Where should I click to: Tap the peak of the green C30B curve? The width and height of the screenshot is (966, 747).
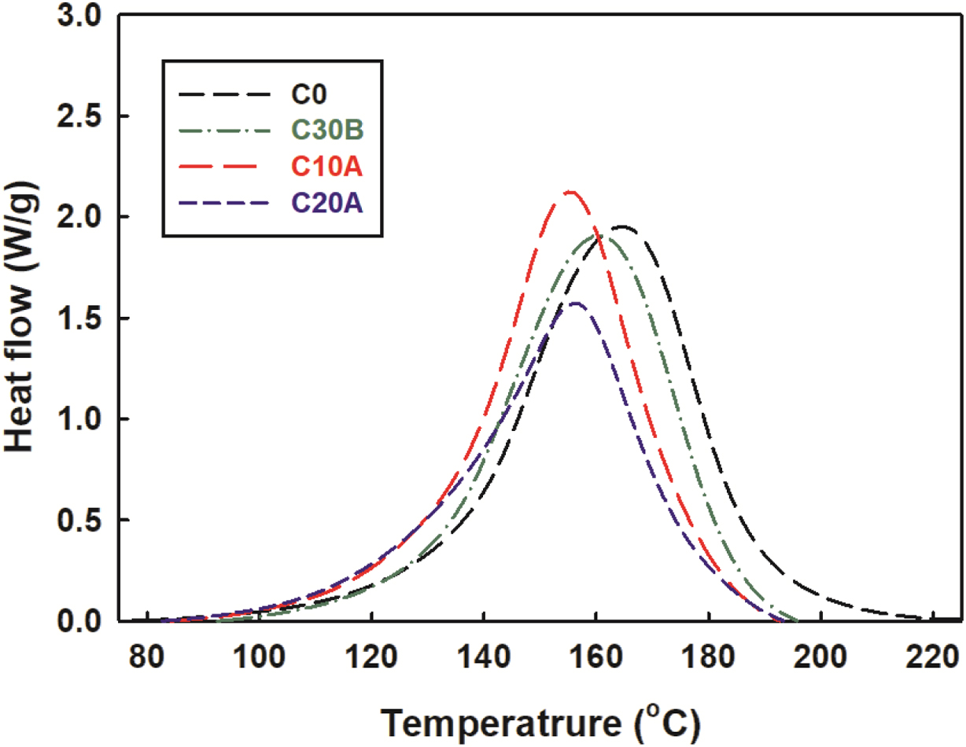(x=600, y=235)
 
